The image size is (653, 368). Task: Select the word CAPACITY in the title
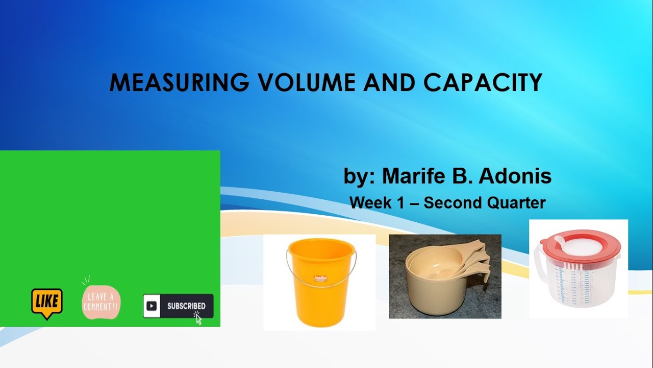(x=483, y=83)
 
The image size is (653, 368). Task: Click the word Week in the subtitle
(x=370, y=203)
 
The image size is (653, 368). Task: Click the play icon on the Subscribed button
(x=152, y=306)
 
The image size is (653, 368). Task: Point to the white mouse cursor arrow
(x=198, y=319)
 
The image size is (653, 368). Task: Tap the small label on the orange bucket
(x=320, y=279)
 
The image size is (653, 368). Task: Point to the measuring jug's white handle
(x=538, y=266)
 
